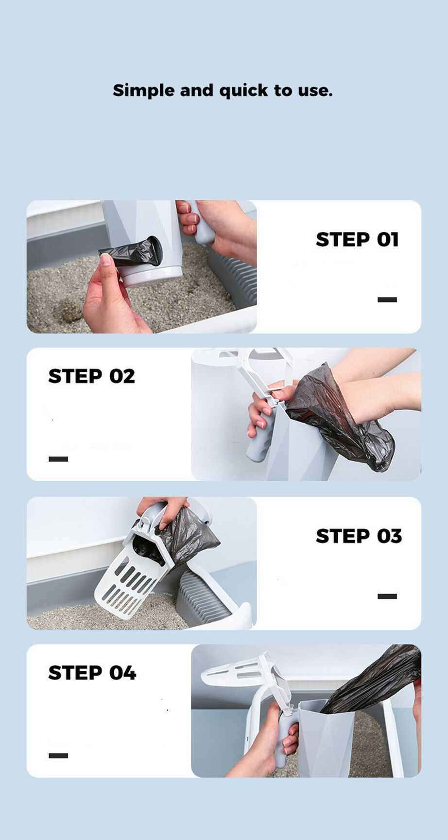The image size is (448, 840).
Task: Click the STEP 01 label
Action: (357, 240)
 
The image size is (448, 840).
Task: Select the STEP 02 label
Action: (91, 376)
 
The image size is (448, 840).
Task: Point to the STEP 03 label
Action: (359, 536)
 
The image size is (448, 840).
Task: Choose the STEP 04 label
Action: (92, 673)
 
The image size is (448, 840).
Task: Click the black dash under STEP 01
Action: (387, 300)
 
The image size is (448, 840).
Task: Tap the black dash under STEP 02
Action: (58, 459)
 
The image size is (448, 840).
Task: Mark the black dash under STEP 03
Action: (387, 596)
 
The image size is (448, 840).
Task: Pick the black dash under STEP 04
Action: (58, 755)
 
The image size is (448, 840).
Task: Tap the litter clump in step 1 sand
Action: (69, 310)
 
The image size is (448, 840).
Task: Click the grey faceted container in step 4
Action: (323, 739)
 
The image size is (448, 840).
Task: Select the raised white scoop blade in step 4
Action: (233, 671)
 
